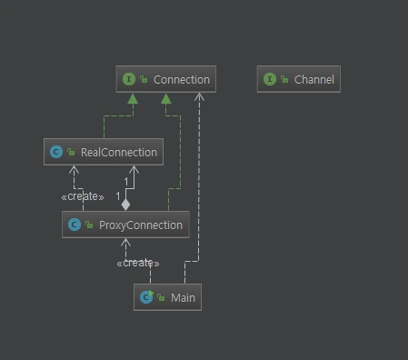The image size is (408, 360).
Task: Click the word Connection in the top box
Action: coord(181,79)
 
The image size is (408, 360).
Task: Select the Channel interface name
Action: coord(313,79)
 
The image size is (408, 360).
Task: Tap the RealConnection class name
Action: coord(119,152)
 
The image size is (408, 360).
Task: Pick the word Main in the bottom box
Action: coord(183,297)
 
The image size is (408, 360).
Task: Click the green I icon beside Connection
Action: coord(129,79)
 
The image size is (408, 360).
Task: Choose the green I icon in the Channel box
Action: coord(269,79)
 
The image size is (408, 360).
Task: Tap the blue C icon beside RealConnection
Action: coord(56,152)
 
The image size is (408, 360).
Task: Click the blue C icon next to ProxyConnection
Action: coord(74,225)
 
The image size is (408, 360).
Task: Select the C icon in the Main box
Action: coord(145,297)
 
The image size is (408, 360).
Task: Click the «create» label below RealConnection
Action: coord(83,196)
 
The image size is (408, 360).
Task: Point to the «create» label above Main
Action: coord(137,263)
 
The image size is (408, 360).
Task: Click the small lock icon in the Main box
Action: coord(161,298)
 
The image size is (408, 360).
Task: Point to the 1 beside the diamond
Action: coord(117,196)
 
